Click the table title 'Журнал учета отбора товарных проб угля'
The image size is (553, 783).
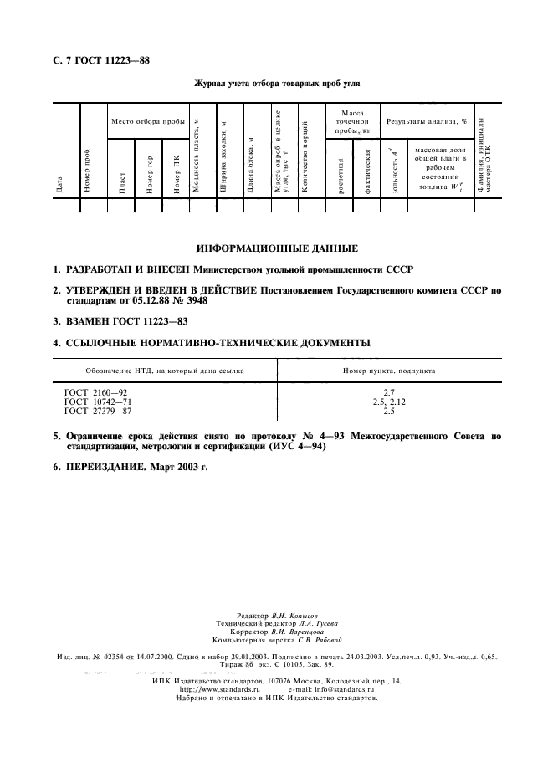click(x=275, y=84)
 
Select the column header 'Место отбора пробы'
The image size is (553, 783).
click(x=148, y=121)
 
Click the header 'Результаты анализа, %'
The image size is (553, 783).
click(x=426, y=121)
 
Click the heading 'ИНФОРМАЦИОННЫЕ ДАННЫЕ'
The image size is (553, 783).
click(x=277, y=248)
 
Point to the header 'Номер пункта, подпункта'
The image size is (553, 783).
click(x=389, y=370)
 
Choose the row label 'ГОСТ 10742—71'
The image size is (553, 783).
click(x=100, y=401)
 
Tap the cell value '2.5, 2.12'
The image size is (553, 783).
click(x=389, y=401)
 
